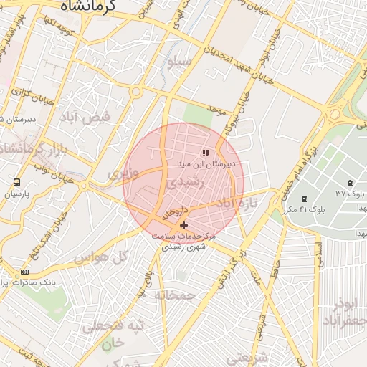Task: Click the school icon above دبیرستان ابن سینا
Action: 206,153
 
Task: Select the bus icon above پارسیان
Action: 16,183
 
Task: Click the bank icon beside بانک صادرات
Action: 26,272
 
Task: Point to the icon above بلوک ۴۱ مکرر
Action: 305,199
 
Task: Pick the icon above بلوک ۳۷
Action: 349,183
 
